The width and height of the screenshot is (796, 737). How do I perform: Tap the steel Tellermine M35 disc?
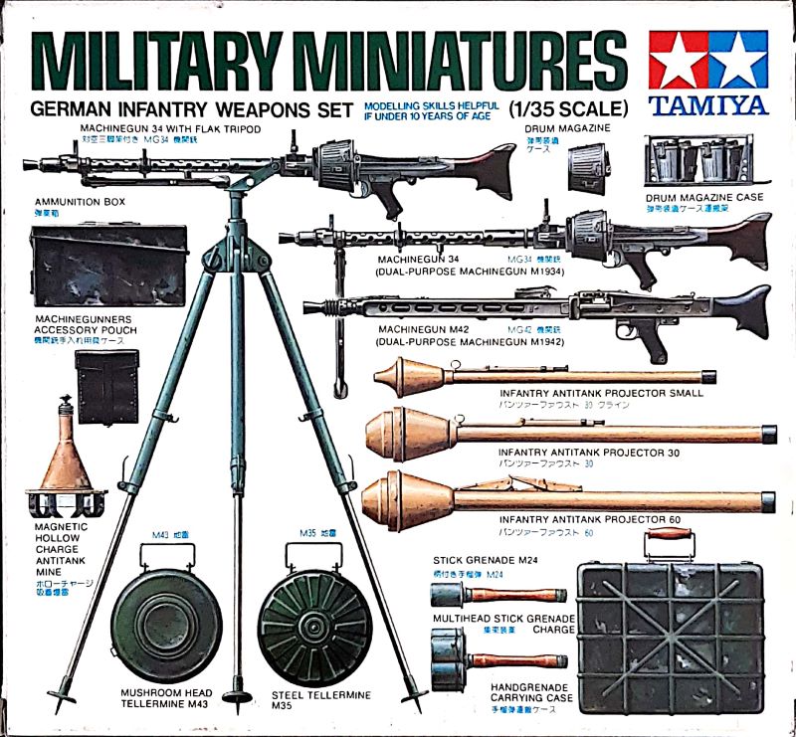pos(306,625)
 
